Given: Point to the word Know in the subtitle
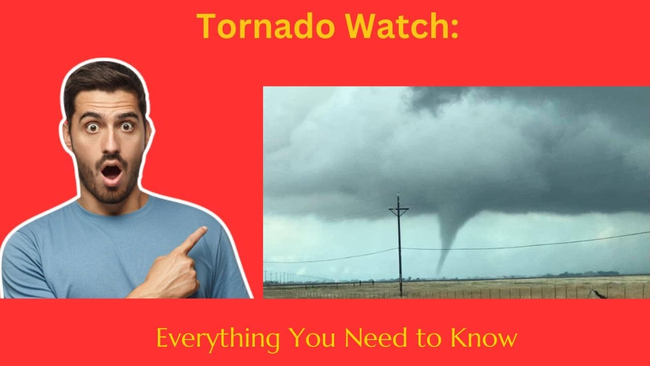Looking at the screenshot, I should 490,338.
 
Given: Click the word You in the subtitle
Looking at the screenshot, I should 310,338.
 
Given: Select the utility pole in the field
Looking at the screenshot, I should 399,249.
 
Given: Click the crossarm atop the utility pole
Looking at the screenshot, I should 399,208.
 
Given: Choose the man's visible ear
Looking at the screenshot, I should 148,135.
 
